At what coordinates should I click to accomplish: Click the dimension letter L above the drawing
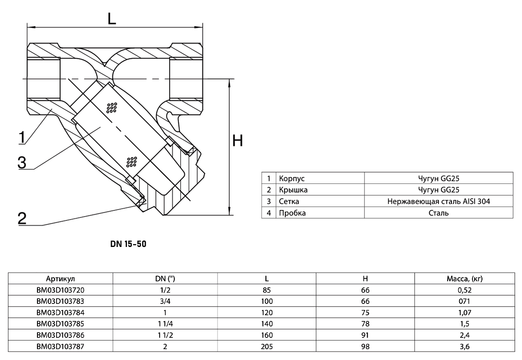(x=112, y=19)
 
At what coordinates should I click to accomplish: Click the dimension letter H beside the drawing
(x=238, y=140)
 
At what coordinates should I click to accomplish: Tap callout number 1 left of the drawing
(x=22, y=137)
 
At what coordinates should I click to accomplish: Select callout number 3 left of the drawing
(x=22, y=162)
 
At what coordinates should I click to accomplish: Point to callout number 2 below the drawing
(x=22, y=218)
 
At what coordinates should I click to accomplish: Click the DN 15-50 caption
(x=128, y=244)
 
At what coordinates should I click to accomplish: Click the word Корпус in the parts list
(x=292, y=178)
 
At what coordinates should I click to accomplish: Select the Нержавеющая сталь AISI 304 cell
(x=438, y=201)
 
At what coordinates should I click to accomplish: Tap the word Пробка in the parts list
(x=292, y=213)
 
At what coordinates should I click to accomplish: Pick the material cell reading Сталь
(x=438, y=213)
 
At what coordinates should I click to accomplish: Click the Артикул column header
(x=60, y=279)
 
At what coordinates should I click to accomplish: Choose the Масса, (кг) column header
(x=465, y=279)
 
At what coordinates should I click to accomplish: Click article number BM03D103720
(x=60, y=290)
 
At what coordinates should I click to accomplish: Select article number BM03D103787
(x=60, y=347)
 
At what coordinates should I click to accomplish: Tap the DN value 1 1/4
(x=165, y=323)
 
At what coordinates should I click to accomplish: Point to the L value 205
(x=267, y=347)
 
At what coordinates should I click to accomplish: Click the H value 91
(x=365, y=335)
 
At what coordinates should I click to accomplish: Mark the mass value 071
(x=465, y=301)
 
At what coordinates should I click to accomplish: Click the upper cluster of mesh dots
(x=112, y=108)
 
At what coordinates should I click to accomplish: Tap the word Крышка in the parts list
(x=293, y=190)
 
